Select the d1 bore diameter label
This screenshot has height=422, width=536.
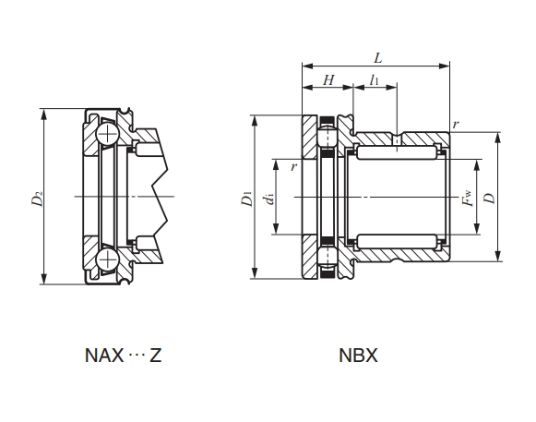[x=269, y=199]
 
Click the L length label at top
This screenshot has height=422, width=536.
[x=377, y=58]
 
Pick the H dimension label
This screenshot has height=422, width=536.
[x=328, y=80]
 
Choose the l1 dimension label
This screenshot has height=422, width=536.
[x=374, y=79]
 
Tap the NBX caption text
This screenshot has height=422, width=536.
[x=358, y=356]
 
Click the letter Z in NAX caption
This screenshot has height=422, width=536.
[x=155, y=356]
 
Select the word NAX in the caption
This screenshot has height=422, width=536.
[x=104, y=356]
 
